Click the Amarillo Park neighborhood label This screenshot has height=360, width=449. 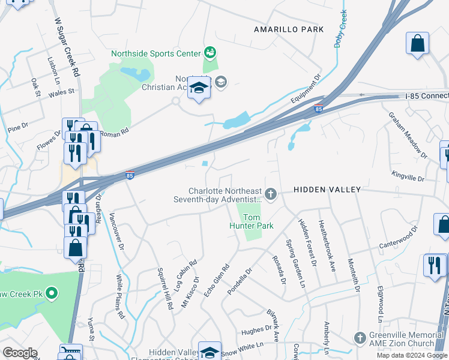pos(288,29)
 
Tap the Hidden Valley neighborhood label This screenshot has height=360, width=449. pos(327,190)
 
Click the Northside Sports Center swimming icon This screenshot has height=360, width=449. pos(209,53)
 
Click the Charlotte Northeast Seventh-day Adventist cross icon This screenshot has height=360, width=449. pos(271,193)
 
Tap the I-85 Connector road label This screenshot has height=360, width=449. pos(426,96)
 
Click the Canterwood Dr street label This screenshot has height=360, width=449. pos(397,239)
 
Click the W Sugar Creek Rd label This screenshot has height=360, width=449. pos(67,46)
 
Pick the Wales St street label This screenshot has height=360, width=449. pos(61,92)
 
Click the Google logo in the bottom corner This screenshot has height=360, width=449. pos(20,353)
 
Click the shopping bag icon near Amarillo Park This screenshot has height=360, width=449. pos(417,44)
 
